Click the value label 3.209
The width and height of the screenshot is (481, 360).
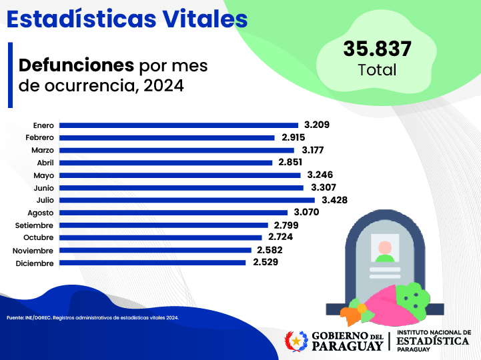pos(317,125)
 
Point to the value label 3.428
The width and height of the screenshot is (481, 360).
pos(334,200)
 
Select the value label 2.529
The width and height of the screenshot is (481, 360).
pos(265,263)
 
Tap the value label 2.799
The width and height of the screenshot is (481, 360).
pos(287,225)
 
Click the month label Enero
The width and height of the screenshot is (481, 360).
pos(43,125)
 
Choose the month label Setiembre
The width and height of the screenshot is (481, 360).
pos(35,225)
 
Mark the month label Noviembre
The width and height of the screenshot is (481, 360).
pos(33,251)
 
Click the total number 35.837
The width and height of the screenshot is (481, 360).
pos(378,49)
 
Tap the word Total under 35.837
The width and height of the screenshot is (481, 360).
pos(377,69)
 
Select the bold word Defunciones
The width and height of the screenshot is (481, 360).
pos(76,65)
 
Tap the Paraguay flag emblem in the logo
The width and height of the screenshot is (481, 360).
pos(296,341)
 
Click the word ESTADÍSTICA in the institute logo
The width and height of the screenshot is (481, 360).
pos(433,341)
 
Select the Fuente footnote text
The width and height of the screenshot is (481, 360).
pos(93,318)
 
